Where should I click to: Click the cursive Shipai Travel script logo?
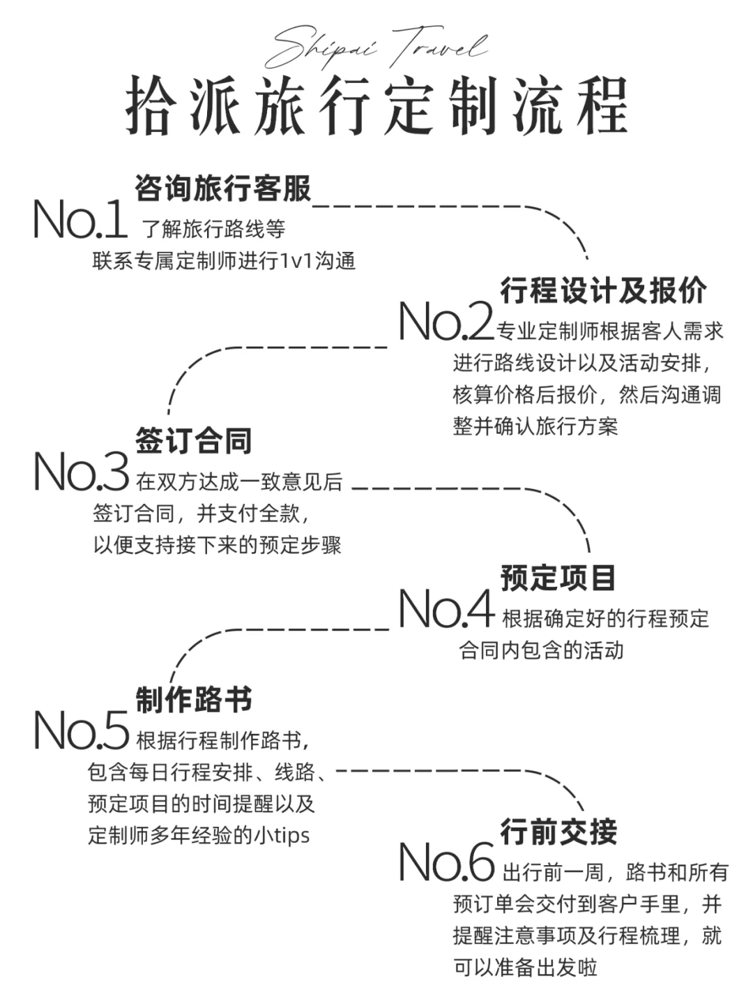376,47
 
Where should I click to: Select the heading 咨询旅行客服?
222,188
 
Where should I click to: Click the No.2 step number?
445,322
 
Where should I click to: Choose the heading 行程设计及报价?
603,290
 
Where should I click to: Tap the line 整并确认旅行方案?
535,426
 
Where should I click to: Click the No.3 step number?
81,472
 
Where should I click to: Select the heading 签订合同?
193,441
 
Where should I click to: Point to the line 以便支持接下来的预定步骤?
217,545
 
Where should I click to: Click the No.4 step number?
446,609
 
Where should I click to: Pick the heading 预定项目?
558,578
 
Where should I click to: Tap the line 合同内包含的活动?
540,650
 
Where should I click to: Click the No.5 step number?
81,731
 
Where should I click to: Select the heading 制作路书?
193,700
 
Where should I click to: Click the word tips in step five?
289,835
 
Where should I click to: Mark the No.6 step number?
446,863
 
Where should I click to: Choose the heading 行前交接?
558,832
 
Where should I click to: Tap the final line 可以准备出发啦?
525,967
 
